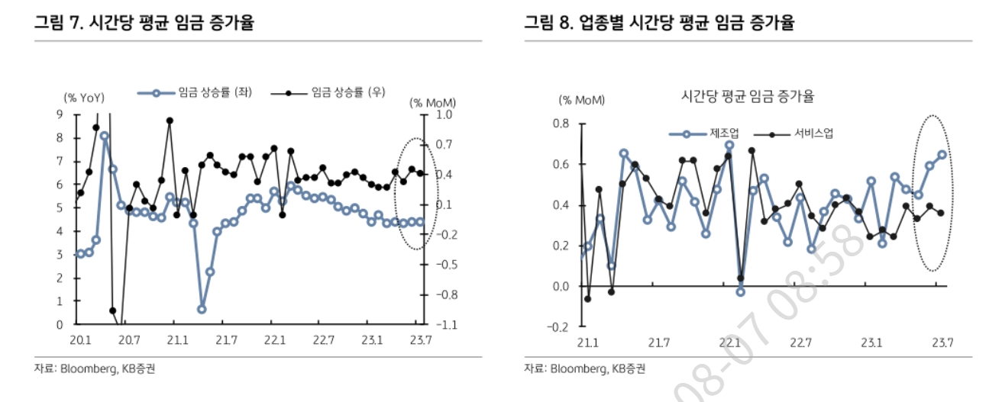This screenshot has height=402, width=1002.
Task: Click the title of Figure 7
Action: (x=144, y=23)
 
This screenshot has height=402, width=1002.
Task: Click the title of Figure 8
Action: (x=658, y=23)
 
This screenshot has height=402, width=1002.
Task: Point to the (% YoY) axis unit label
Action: (x=84, y=98)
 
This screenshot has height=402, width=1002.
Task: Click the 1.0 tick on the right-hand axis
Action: (x=444, y=114)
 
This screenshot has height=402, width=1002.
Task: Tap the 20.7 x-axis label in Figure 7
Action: (x=128, y=340)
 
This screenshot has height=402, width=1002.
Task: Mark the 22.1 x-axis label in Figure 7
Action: (x=274, y=340)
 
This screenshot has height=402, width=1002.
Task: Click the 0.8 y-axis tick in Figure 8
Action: (x=561, y=124)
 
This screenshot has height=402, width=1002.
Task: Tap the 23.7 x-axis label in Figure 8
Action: (x=941, y=342)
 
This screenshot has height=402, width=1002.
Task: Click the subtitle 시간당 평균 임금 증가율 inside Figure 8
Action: (x=748, y=97)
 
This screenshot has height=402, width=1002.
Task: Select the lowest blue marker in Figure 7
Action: (x=202, y=309)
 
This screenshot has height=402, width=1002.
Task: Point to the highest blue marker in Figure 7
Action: (x=105, y=137)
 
